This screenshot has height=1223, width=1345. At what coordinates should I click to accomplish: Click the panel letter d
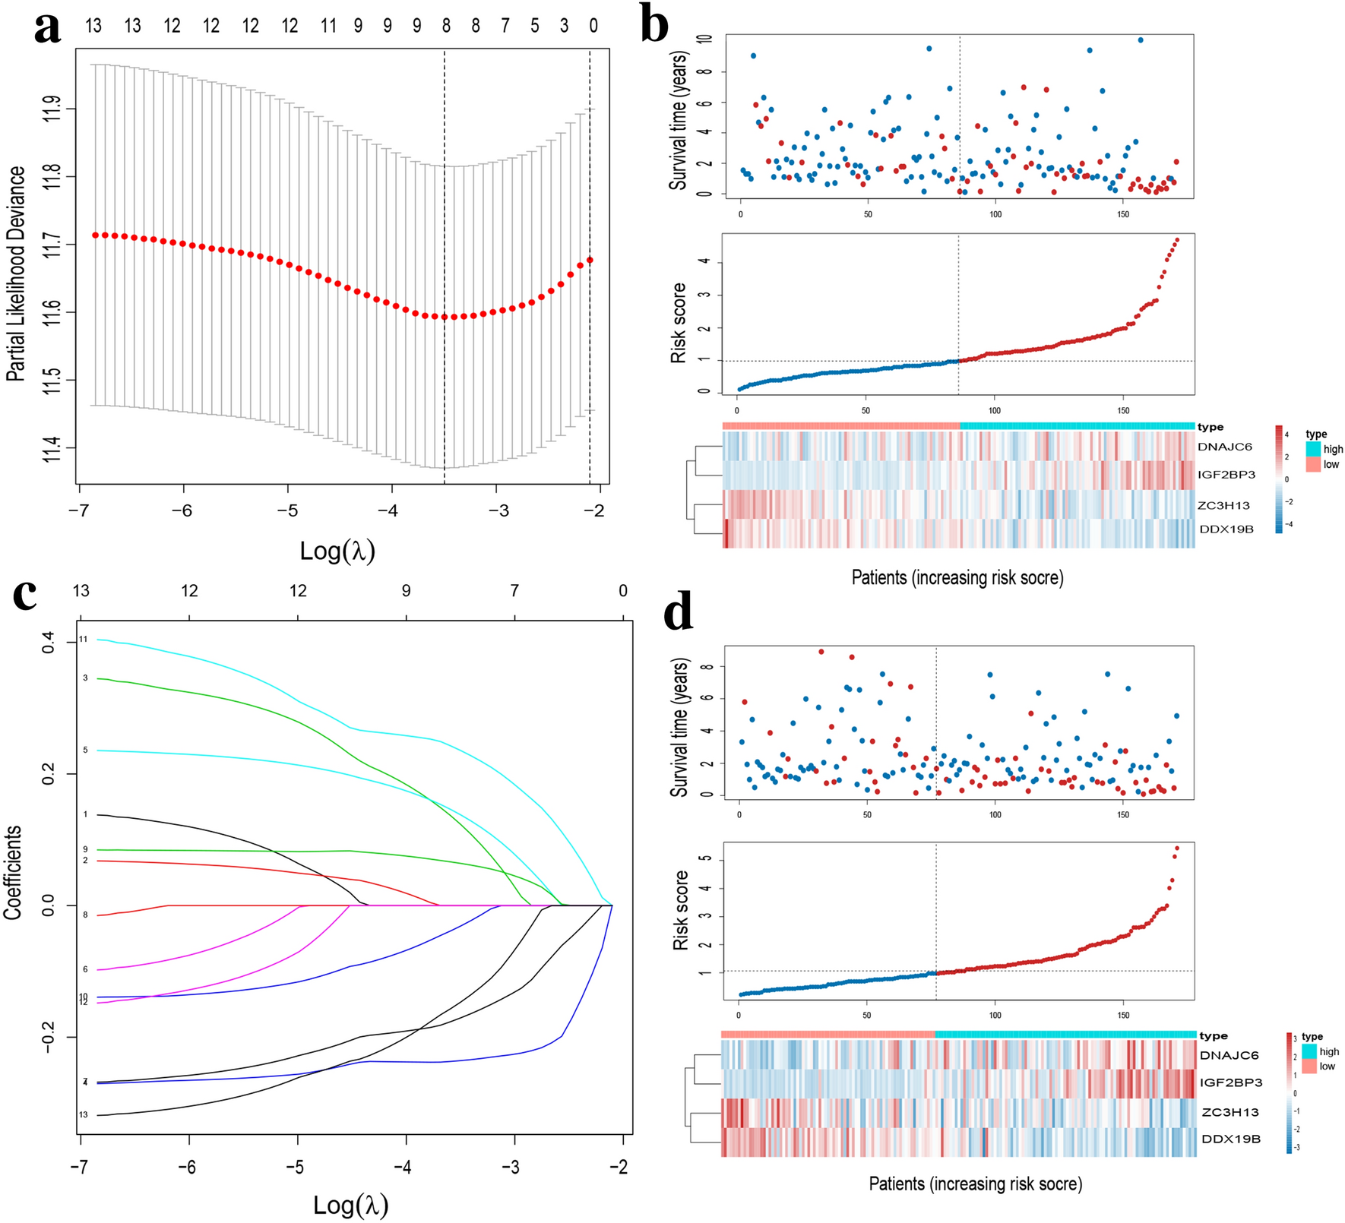tap(679, 613)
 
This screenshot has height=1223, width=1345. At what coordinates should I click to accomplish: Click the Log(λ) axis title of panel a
tap(337, 551)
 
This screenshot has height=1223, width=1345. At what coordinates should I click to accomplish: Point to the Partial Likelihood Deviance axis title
tap(16, 273)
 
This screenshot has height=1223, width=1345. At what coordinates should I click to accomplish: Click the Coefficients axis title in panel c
tap(13, 873)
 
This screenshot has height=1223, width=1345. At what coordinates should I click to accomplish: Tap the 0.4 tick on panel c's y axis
tap(49, 644)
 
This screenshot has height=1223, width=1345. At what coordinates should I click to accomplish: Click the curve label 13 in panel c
tap(84, 1115)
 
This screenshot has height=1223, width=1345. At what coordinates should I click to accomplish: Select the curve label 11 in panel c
tap(84, 640)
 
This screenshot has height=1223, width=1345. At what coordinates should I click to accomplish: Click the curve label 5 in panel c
tap(85, 750)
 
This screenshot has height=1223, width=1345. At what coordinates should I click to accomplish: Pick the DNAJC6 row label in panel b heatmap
tap(1224, 447)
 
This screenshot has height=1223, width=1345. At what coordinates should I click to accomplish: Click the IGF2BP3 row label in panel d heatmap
tap(1231, 1082)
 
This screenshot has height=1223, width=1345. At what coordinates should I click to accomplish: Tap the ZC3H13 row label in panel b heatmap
tap(1223, 505)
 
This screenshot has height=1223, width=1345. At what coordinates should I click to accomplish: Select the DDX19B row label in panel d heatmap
tap(1230, 1139)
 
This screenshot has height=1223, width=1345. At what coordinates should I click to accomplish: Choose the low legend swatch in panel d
tap(1309, 1067)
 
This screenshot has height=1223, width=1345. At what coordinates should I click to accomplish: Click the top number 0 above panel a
tap(593, 27)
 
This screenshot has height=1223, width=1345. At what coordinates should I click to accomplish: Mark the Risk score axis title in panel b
tap(679, 323)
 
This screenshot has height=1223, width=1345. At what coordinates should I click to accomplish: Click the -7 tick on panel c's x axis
tap(80, 1168)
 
